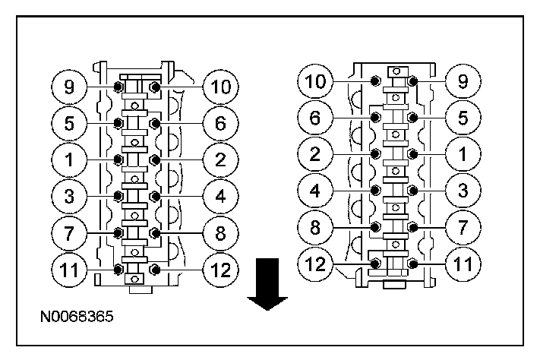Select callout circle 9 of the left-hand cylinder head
(68, 86)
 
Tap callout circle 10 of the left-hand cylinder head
(220, 87)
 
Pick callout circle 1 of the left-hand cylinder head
(68, 159)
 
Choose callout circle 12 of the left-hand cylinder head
(220, 269)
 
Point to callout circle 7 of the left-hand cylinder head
(68, 232)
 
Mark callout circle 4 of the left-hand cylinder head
(220, 196)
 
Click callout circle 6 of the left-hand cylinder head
(220, 122)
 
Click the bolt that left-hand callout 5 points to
(118, 123)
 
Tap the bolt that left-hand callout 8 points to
(155, 232)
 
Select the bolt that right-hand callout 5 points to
(412, 117)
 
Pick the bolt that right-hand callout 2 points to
(376, 153)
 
